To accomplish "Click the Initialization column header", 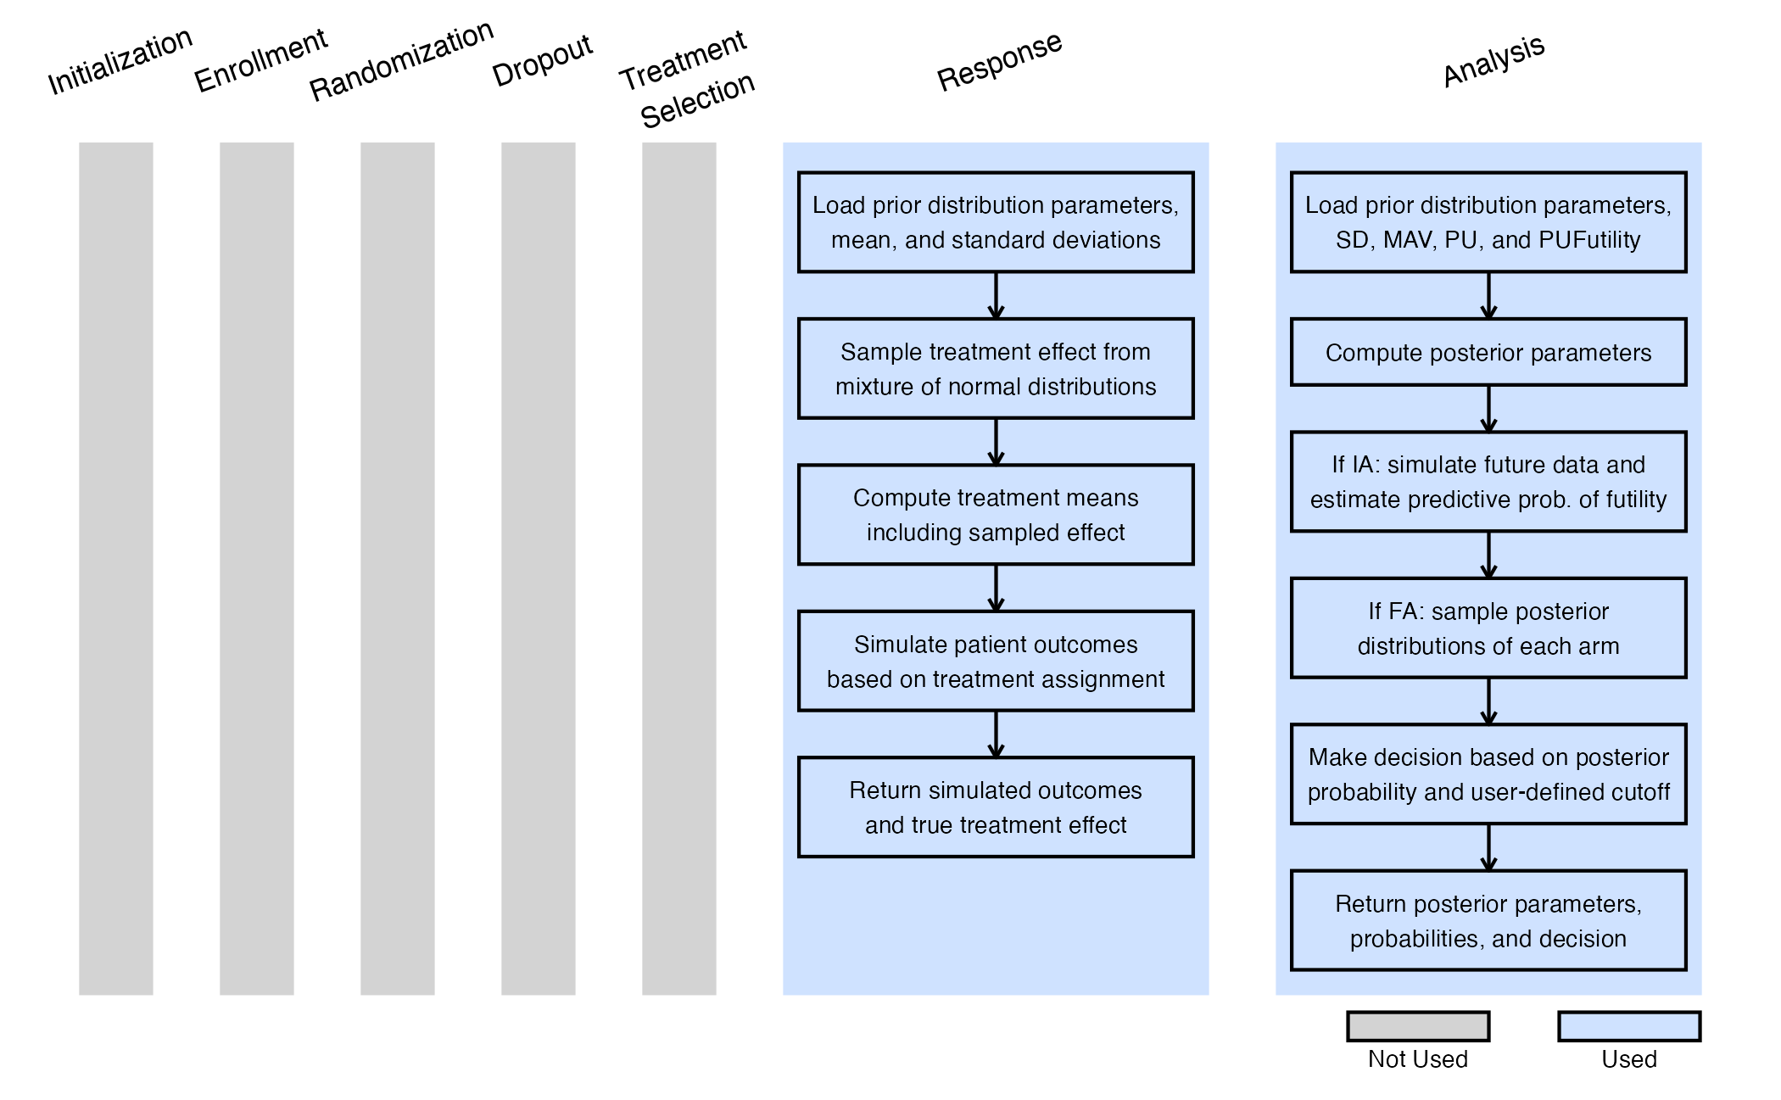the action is click(x=120, y=61).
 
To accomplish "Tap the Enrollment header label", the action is click(x=260, y=59).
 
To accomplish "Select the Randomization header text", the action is click(x=400, y=61).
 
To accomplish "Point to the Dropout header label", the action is click(x=542, y=61).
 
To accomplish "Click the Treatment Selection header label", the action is click(x=687, y=80).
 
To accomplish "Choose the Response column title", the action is click(x=999, y=61).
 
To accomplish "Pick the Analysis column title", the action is click(x=1493, y=61).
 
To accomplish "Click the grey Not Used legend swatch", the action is click(x=1418, y=1026).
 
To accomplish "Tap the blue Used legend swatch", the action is click(x=1629, y=1026).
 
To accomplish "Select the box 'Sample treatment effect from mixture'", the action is click(x=996, y=369).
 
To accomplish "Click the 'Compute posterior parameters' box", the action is click(x=1488, y=352).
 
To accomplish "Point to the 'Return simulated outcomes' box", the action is click(x=996, y=807).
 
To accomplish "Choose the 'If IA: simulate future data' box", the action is click(x=1488, y=482).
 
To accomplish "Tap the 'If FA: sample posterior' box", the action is click(x=1488, y=628).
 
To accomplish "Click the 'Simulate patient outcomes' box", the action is click(x=996, y=662).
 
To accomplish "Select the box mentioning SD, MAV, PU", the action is click(x=1488, y=222).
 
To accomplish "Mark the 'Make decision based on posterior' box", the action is click(x=1488, y=774).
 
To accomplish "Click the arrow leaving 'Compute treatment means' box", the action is click(x=996, y=588).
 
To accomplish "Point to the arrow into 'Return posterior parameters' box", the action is click(x=1488, y=847).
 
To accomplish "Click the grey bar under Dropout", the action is click(x=539, y=568).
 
